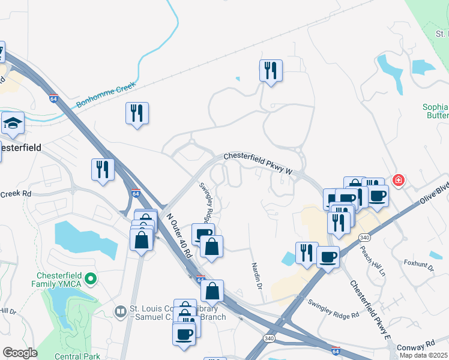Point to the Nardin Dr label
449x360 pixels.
coord(257,273)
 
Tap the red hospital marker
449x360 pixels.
coord(397,180)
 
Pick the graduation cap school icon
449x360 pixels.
coord(13,123)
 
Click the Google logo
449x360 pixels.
coord(20,353)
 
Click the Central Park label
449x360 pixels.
coord(76,356)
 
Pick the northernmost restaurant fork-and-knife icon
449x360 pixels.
coord(271,70)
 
